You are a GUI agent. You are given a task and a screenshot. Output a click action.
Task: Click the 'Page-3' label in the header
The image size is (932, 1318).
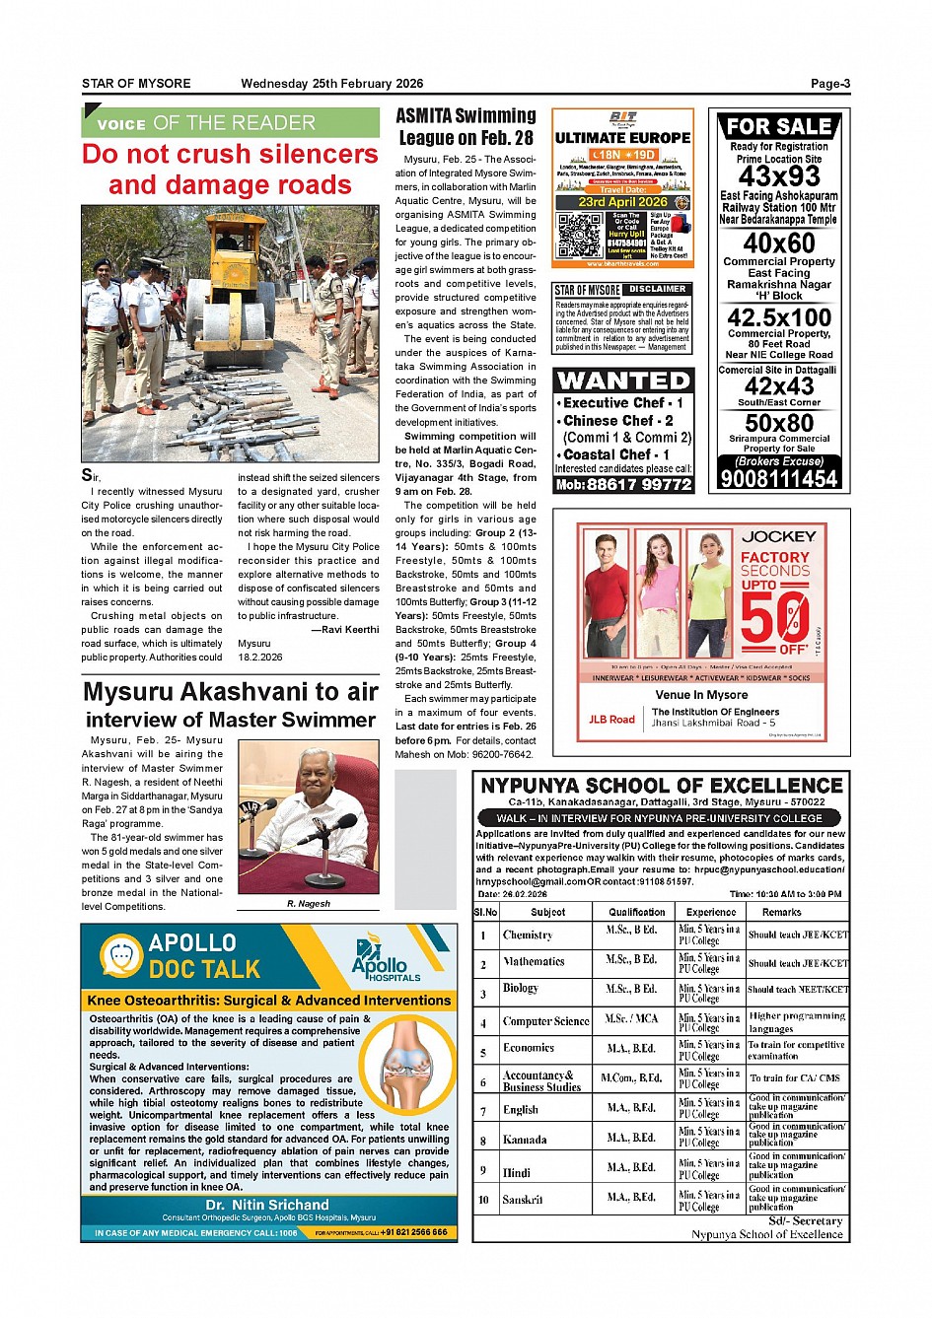829,84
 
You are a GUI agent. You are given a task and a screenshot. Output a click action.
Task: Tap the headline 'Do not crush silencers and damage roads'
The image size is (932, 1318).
230,170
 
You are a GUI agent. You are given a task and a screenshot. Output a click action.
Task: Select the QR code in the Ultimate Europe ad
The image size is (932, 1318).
579,235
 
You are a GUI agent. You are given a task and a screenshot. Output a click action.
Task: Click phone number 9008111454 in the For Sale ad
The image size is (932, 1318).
779,479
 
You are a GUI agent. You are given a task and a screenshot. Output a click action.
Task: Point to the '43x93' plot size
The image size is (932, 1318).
779,176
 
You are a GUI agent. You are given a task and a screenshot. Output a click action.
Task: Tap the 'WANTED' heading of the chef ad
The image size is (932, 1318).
623,381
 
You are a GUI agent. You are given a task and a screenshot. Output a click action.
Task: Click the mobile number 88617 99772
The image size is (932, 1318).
638,484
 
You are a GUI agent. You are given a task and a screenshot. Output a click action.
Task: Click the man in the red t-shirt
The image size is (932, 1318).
605,601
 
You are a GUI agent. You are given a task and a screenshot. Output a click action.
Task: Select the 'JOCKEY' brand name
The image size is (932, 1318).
778,537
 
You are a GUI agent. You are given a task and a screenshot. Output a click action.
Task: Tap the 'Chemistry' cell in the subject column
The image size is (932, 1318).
528,935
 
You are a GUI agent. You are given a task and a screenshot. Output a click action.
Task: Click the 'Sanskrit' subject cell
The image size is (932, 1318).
523,1200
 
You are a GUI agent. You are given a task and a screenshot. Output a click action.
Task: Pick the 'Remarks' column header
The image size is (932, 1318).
781,912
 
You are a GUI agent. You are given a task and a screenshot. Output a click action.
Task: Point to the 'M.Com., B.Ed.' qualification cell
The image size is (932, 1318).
631,1078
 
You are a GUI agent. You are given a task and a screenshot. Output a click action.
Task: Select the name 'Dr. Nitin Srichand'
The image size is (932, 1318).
267,1205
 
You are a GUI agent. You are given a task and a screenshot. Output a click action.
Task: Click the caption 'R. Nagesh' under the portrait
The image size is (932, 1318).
309,903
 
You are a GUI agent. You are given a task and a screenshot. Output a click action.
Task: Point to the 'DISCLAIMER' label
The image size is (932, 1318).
657,289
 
